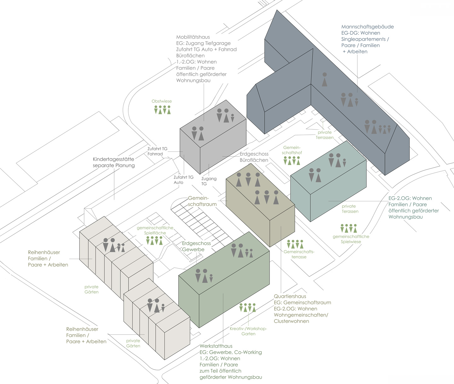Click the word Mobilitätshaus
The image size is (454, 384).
(x=193, y=37)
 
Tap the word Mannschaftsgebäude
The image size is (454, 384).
(x=367, y=27)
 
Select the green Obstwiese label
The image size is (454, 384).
(x=161, y=101)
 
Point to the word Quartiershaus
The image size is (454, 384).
(x=290, y=296)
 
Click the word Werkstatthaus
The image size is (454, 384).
(x=216, y=346)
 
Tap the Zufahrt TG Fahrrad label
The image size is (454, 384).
(x=157, y=151)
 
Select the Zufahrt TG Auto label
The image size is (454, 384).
(x=183, y=180)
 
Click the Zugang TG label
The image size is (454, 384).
(x=209, y=181)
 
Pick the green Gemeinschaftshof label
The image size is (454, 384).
(x=292, y=150)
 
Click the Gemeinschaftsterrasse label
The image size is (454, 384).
(x=299, y=254)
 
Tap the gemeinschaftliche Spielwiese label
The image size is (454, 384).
(x=351, y=239)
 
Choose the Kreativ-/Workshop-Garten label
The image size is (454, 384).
(x=248, y=331)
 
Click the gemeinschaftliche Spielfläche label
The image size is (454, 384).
(x=155, y=230)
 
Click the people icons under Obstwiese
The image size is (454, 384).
(x=162, y=109)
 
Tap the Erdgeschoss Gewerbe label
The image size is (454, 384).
(x=196, y=246)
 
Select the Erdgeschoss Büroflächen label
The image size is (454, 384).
(x=254, y=157)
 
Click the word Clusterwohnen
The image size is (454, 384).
(x=291, y=321)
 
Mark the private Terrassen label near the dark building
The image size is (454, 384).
(x=324, y=135)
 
